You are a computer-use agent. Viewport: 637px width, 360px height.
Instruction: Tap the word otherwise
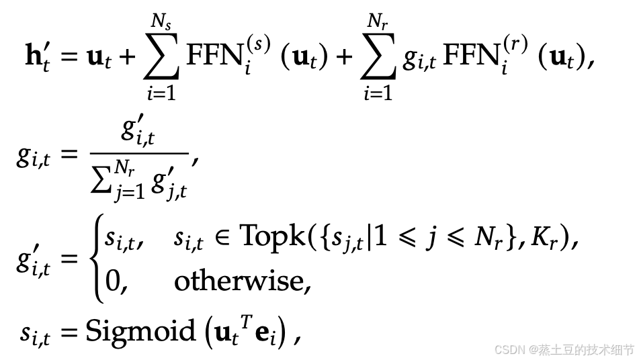coord(243,281)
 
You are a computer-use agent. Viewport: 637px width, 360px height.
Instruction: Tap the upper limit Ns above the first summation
coord(161,22)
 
